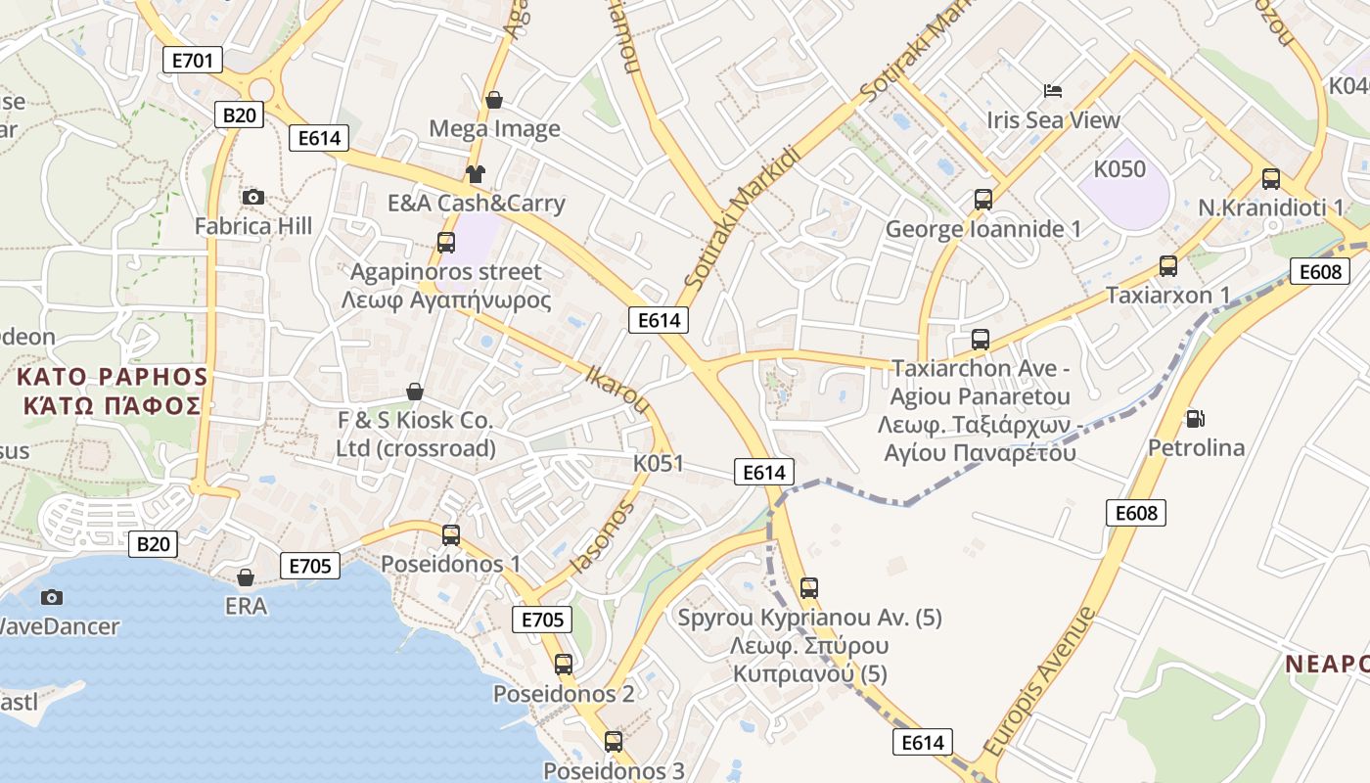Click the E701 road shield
coord(192,61)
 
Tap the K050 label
coord(1119,169)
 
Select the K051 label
coord(659,463)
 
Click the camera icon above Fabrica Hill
coord(253,198)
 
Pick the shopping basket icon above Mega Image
coord(494,100)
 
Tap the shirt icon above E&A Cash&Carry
coord(476,174)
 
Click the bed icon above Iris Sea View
coord(1053,91)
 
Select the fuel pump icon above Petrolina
coord(1195,419)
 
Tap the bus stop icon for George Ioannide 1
coord(983,200)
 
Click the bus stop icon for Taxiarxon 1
coord(1167,265)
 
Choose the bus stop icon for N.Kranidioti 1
coord(1271,178)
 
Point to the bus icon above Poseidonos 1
coord(450,535)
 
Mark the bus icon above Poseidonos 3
coord(614,742)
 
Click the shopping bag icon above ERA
coord(246,577)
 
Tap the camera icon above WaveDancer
coord(52,597)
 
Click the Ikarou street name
coord(616,389)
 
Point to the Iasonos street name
coord(603,537)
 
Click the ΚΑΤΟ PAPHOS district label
coord(113,377)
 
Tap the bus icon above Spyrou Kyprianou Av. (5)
coord(808,588)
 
